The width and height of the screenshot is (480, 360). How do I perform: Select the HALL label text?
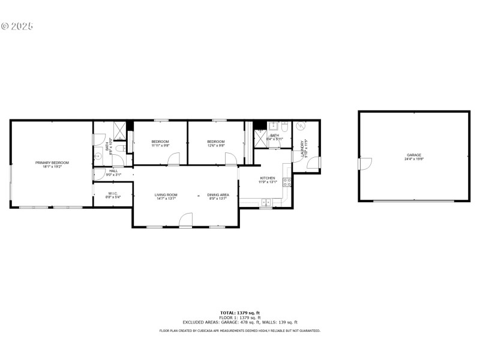tap(113, 171)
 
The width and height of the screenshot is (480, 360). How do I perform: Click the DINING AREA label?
tap(218, 194)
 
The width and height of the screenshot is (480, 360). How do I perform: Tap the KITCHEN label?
tap(267, 178)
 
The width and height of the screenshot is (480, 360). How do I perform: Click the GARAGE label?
tap(414, 155)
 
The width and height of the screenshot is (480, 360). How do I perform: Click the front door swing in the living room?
tap(186, 220)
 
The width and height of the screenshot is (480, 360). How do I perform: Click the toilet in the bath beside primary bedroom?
tap(119, 148)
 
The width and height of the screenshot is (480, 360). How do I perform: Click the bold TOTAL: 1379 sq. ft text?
tap(240, 313)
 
